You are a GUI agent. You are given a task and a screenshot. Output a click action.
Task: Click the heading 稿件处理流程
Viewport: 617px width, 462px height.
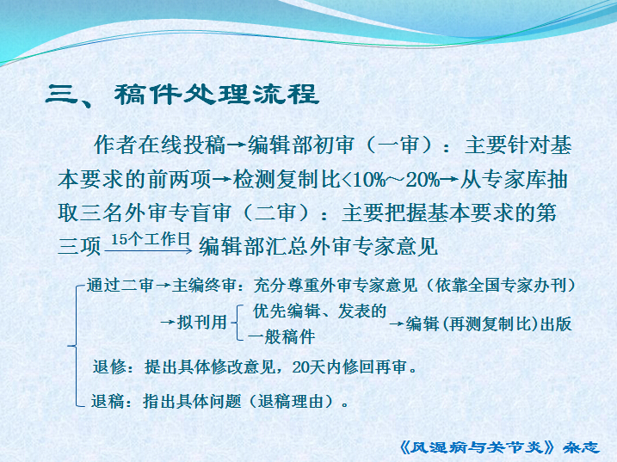[x=216, y=95]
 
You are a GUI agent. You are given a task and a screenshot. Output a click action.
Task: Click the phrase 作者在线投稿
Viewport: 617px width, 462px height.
[x=159, y=145]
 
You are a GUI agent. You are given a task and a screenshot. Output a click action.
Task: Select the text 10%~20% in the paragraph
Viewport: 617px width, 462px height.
[x=396, y=180]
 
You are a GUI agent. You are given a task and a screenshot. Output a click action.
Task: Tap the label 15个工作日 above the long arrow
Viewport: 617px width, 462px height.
[x=151, y=239]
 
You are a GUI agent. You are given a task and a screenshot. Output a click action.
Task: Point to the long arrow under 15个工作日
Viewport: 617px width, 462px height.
[x=148, y=250]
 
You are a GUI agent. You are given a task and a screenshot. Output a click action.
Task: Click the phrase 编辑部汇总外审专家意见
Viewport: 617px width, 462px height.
[x=318, y=247]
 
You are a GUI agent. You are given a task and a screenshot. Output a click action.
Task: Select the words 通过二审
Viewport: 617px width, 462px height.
[x=120, y=286]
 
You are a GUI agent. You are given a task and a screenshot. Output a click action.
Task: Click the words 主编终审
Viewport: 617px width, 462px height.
[x=204, y=286]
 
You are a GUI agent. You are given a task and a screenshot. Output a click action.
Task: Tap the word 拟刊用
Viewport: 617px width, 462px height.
[x=202, y=323]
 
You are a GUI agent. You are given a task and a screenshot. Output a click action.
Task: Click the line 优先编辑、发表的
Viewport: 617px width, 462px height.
[x=319, y=311]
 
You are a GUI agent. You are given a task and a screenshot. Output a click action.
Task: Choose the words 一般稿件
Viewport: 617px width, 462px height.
[x=281, y=337]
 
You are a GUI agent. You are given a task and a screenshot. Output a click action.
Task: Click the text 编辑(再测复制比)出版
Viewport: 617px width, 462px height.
[x=489, y=323]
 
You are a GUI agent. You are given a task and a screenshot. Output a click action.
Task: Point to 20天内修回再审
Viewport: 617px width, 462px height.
[x=349, y=367]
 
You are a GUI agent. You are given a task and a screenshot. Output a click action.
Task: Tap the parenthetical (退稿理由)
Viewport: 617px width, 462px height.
[x=294, y=402]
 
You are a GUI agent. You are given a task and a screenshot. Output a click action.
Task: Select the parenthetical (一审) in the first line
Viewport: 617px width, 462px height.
[x=398, y=145]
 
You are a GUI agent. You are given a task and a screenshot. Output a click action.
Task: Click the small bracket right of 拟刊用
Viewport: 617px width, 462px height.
[x=238, y=323]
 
